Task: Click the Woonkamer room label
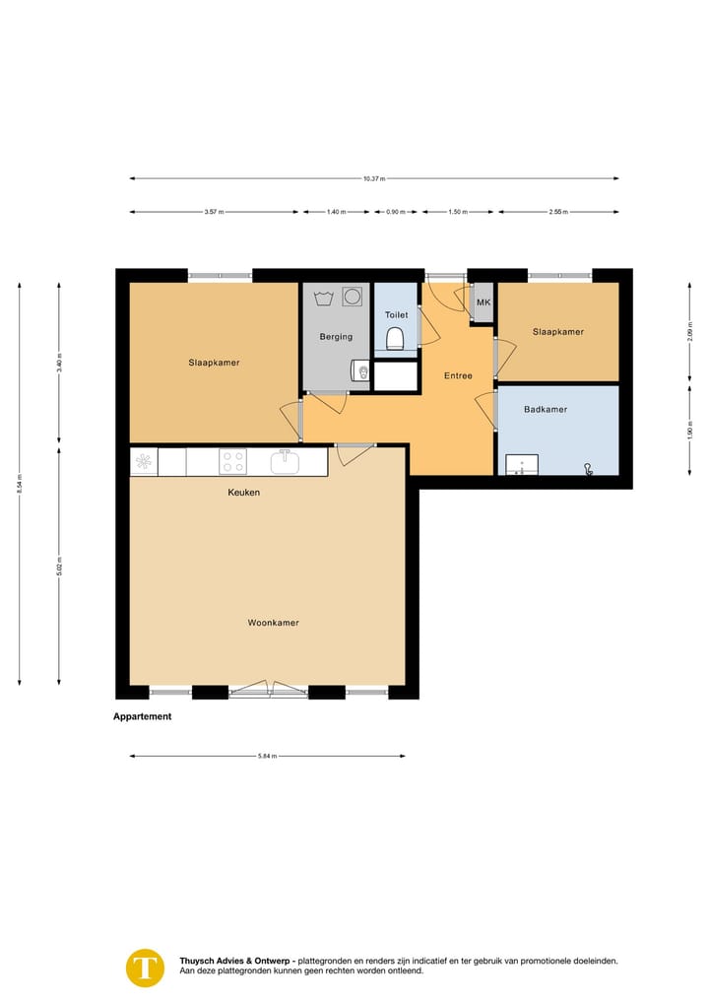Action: tap(273, 623)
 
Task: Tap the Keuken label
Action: tap(244, 492)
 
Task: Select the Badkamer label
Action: tap(546, 409)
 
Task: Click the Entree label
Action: tap(458, 375)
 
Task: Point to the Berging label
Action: tap(336, 337)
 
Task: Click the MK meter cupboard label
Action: tap(483, 302)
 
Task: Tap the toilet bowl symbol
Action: tap(396, 339)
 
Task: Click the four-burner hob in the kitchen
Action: tap(232, 461)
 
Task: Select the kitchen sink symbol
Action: tap(285, 460)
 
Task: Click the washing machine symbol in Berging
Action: tap(352, 296)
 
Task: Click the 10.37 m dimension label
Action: tap(373, 178)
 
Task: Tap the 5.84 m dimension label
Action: tap(267, 756)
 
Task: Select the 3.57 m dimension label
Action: tap(214, 212)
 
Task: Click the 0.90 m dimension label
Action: tap(395, 212)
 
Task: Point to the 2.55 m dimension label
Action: tap(558, 212)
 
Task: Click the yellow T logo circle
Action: tap(146, 967)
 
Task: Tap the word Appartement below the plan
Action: tap(143, 716)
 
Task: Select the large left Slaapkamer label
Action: tap(214, 363)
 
